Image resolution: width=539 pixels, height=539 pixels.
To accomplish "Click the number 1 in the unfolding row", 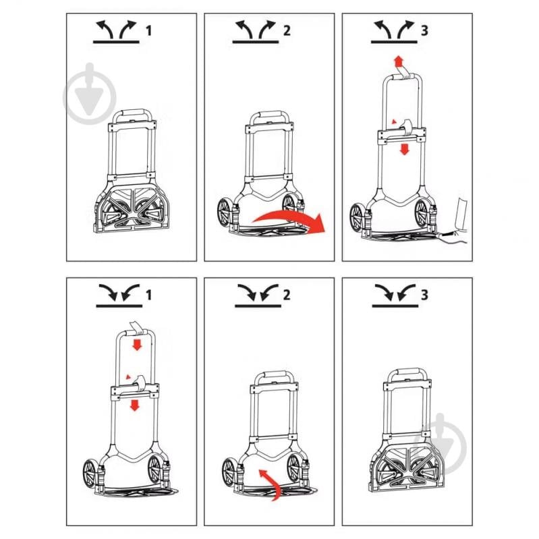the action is [148, 30].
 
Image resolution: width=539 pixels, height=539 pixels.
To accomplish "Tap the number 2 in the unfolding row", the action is [287, 30].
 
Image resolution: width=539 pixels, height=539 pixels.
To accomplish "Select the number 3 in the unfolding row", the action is [424, 30].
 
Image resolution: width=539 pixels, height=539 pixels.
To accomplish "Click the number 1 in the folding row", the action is [148, 295].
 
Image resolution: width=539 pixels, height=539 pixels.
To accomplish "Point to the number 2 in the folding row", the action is [287, 295].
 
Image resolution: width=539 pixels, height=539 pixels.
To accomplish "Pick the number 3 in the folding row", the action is [424, 295].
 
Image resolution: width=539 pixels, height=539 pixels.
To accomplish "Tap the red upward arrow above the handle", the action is [399, 61].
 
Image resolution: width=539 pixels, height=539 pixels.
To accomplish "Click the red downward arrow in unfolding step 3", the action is [405, 149].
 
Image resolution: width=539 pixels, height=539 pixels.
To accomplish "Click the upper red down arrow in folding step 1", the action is [137, 345].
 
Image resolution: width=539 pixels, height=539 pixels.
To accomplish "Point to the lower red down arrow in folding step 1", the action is [134, 405].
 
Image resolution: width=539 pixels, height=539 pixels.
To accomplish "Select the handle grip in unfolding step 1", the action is [133, 114].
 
